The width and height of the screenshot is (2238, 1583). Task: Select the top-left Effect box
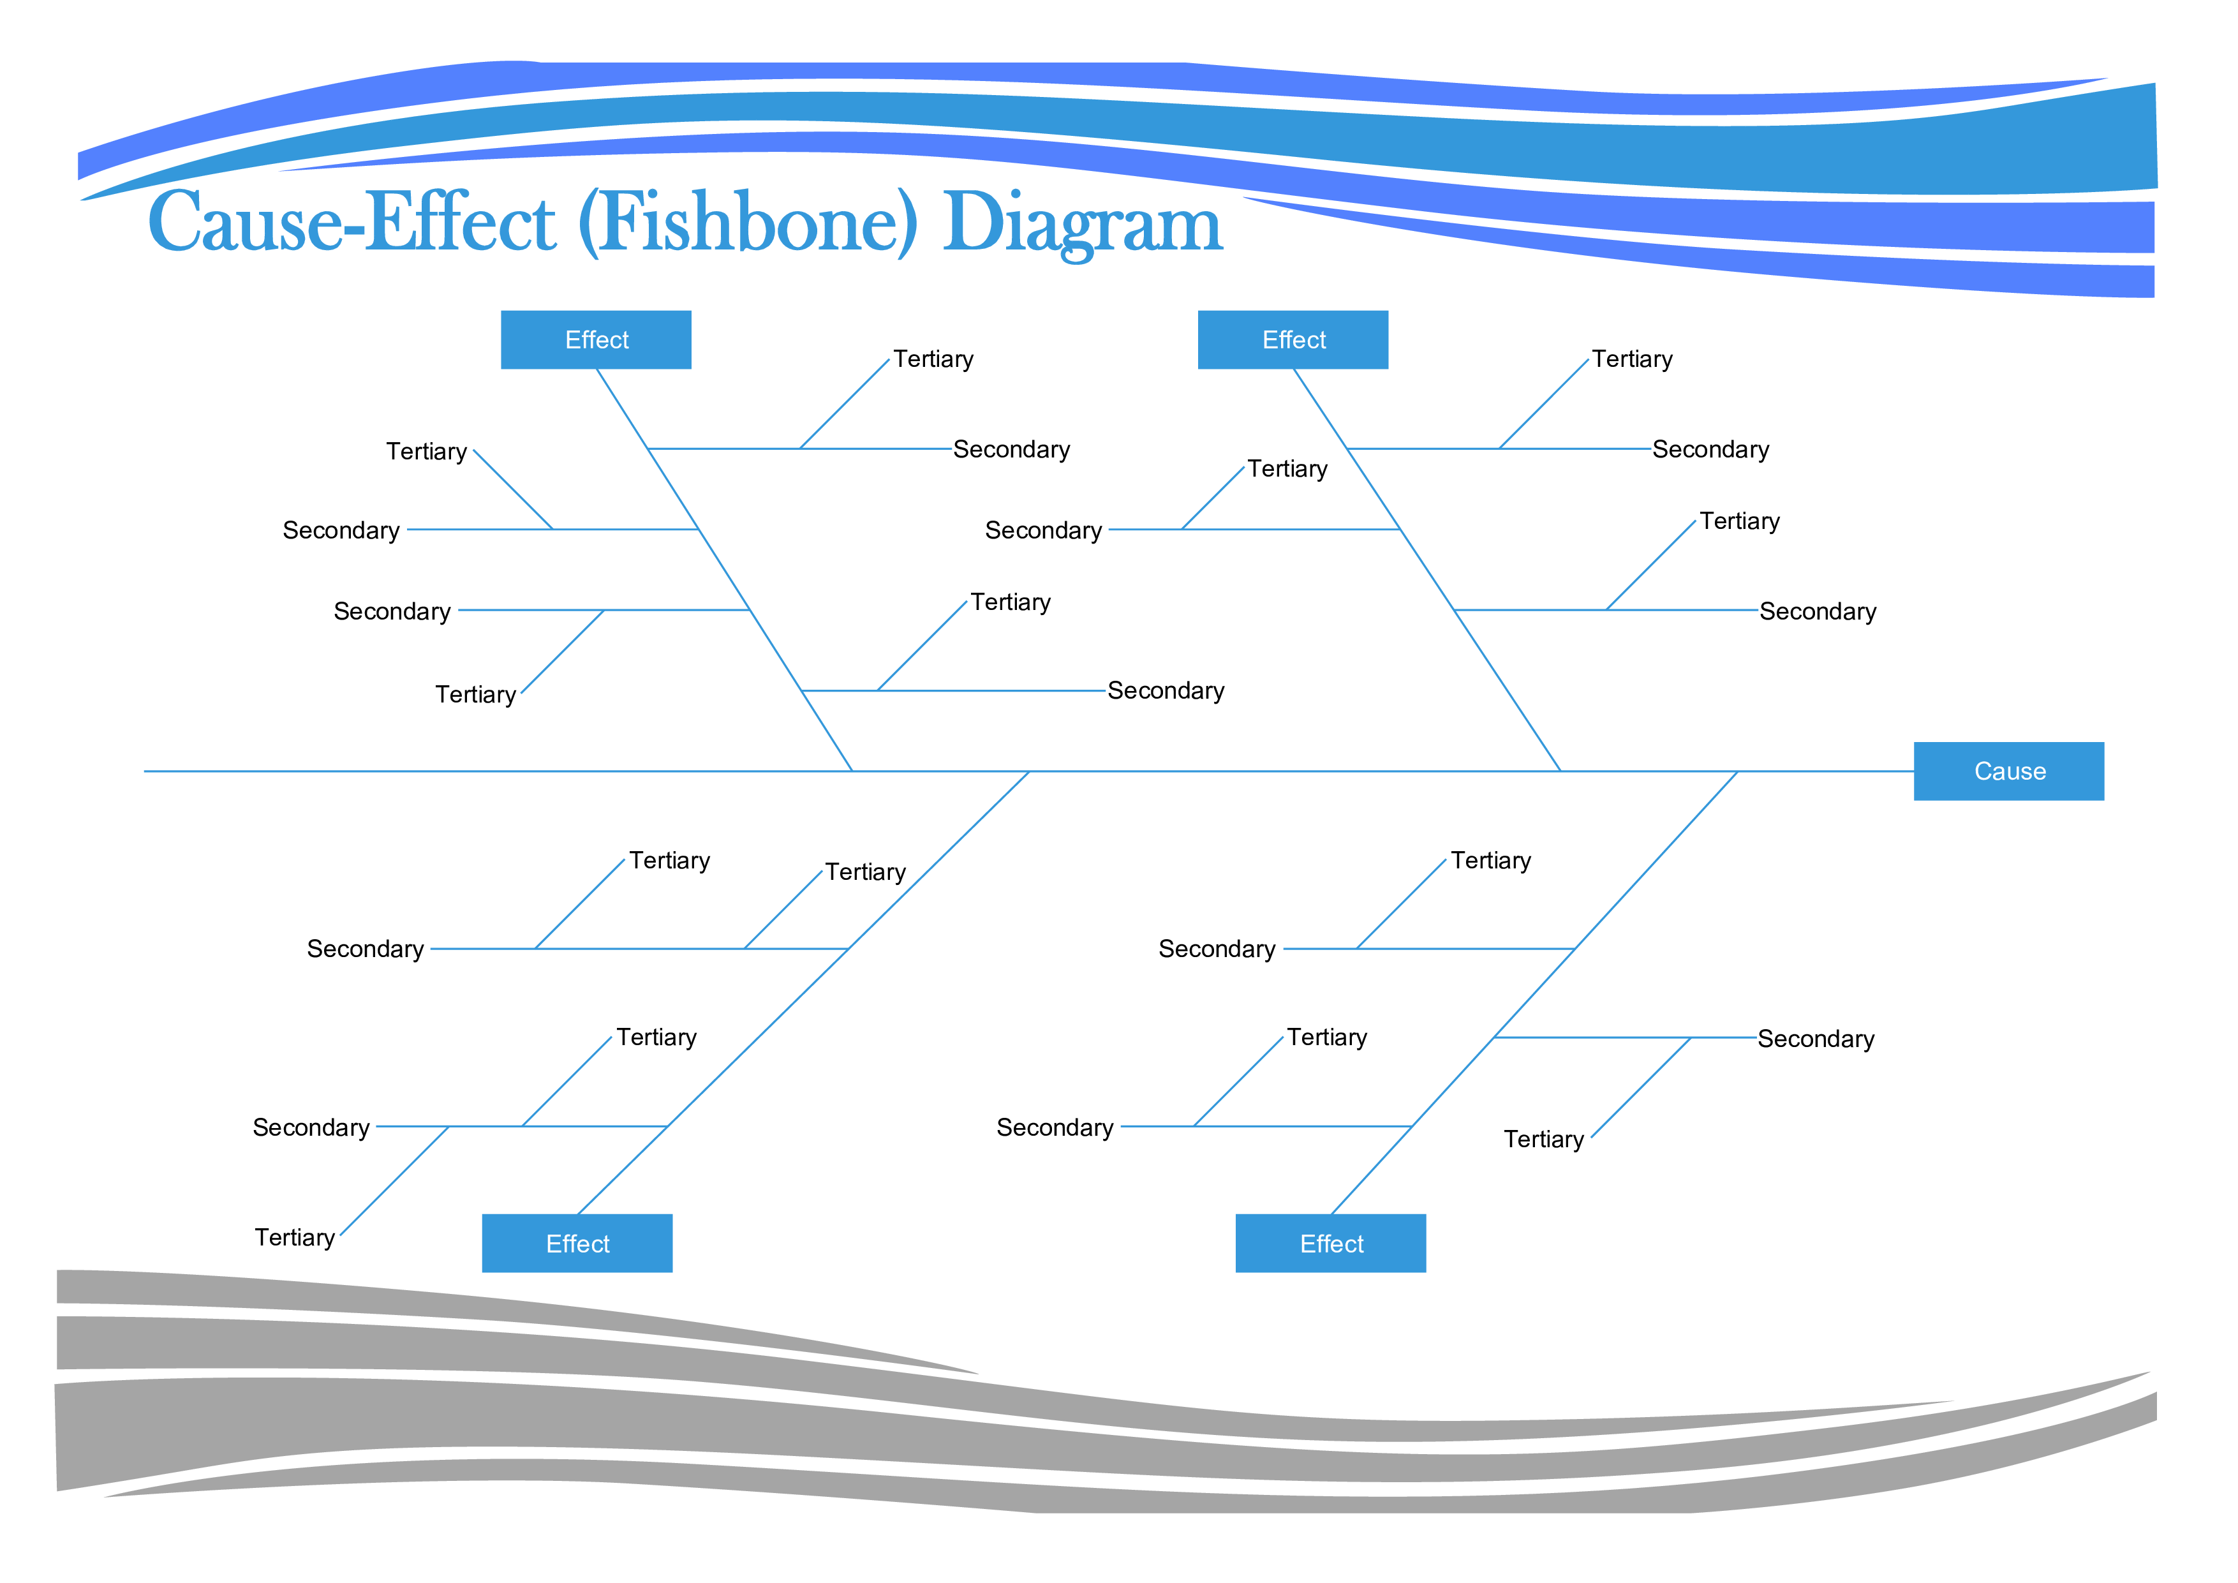596,339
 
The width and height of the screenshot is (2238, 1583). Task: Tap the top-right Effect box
1293,339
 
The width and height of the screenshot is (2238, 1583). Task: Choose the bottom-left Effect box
577,1243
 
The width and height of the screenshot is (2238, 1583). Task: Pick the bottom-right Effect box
1331,1243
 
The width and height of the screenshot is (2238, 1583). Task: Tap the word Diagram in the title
1082,225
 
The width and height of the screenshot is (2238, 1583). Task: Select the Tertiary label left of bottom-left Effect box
294,1237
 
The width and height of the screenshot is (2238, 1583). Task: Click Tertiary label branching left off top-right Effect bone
1287,469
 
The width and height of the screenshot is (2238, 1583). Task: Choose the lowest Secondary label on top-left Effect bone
1166,690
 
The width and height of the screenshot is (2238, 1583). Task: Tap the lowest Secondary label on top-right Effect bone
1817,611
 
